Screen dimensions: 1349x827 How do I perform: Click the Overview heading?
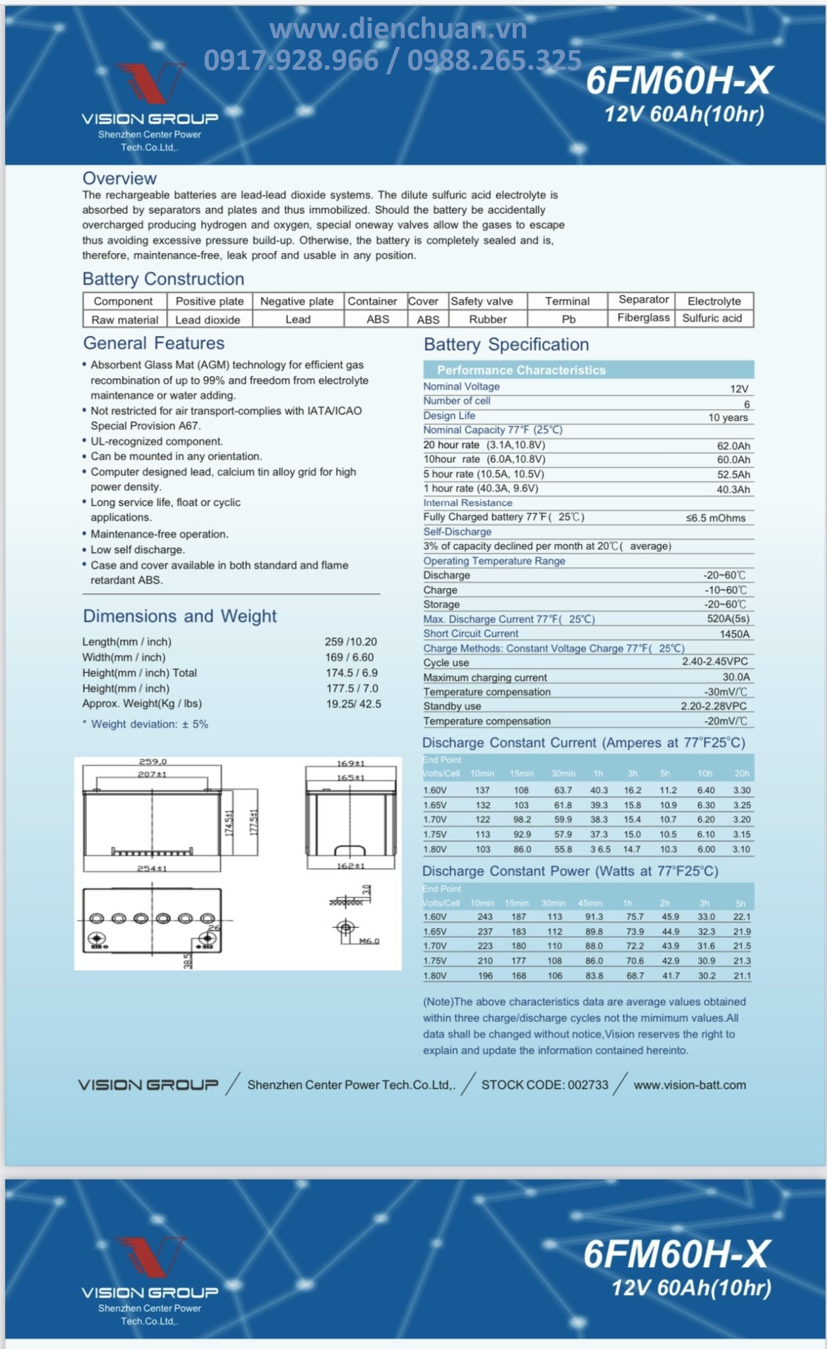(x=119, y=179)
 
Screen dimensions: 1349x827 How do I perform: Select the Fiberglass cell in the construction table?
(x=643, y=317)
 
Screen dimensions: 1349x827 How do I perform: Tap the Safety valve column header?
(x=482, y=301)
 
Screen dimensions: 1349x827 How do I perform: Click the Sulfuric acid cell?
(x=712, y=318)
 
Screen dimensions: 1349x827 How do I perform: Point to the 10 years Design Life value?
(x=728, y=418)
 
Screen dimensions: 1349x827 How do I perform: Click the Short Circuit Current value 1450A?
(x=735, y=634)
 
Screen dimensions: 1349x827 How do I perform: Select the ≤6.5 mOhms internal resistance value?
(x=716, y=518)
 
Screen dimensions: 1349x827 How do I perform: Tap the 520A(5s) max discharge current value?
(x=728, y=619)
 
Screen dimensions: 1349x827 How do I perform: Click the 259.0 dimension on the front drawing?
(x=153, y=762)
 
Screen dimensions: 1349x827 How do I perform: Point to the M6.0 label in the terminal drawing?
(x=369, y=941)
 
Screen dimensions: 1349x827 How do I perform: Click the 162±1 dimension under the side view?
(x=351, y=866)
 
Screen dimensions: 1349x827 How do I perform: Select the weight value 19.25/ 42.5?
(x=353, y=704)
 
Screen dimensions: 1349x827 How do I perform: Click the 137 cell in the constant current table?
(x=482, y=790)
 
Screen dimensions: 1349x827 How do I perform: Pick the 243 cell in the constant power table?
(x=485, y=917)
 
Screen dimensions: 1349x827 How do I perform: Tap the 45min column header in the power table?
(x=590, y=903)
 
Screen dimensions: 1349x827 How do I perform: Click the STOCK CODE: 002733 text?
(x=545, y=1085)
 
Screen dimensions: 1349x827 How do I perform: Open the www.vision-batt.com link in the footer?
(x=690, y=1085)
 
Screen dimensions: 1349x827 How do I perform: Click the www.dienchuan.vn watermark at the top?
(x=398, y=29)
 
